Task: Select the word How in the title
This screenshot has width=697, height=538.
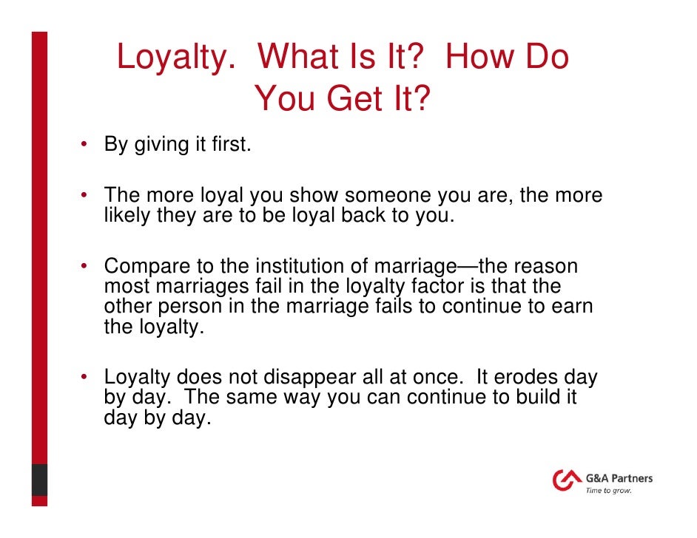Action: (x=480, y=58)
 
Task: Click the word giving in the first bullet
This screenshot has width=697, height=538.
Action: (x=161, y=144)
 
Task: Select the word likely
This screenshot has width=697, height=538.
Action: (x=127, y=217)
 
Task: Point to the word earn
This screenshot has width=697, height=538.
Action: (x=574, y=306)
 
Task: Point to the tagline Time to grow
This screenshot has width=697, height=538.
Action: (x=608, y=491)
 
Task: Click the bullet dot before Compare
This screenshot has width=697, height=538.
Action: (x=86, y=265)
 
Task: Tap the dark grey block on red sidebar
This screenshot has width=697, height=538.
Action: (x=39, y=480)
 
